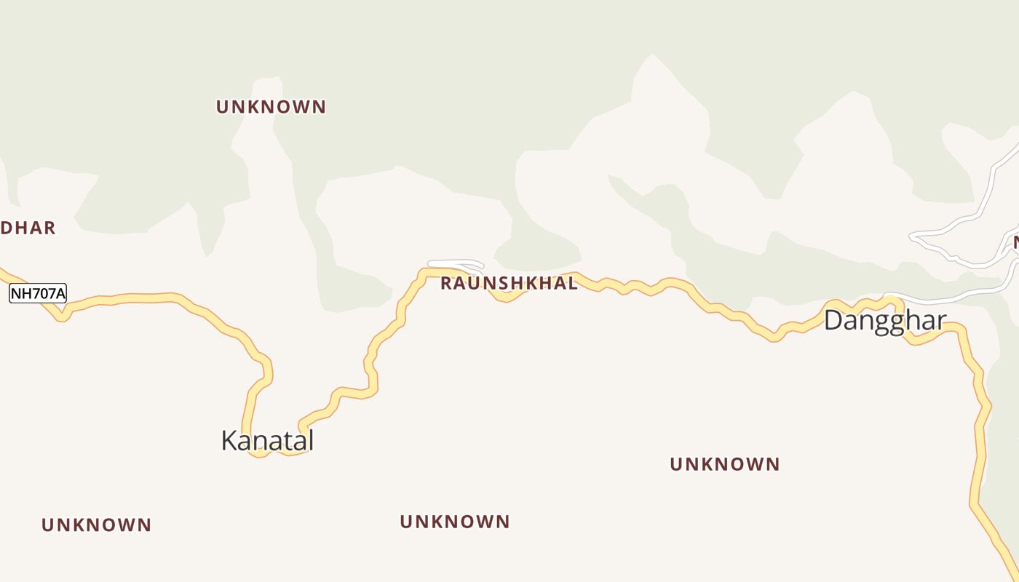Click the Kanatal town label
pos(267,441)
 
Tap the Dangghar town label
pos(885,321)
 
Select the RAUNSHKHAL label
pos(509,284)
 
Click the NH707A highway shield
pos(38,294)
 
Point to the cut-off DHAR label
pos(28,228)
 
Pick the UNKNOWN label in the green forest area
pos(271,107)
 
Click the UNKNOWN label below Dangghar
pos(724,464)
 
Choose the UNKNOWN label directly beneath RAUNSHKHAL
pos(455,522)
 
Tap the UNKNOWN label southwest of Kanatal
pos(96,525)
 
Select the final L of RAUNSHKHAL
pos(574,284)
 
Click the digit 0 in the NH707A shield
pos(43,294)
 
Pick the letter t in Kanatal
pos(286,441)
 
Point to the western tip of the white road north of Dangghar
pos(912,236)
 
